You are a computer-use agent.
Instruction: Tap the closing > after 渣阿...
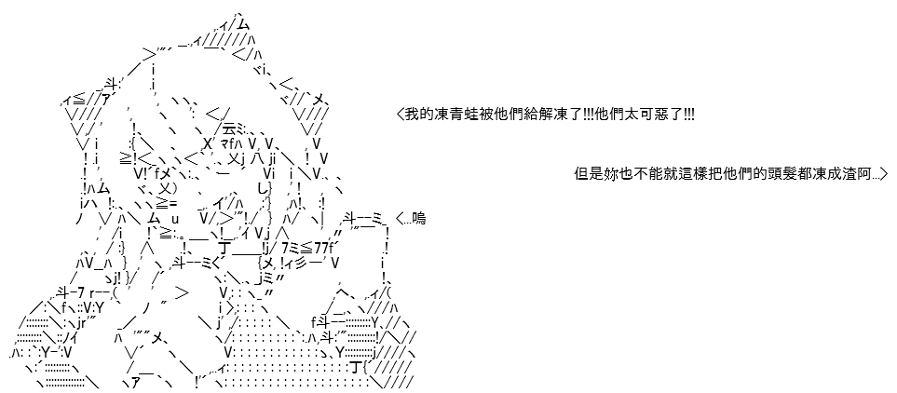click(x=883, y=174)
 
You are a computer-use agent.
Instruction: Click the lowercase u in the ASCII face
click(x=175, y=219)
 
